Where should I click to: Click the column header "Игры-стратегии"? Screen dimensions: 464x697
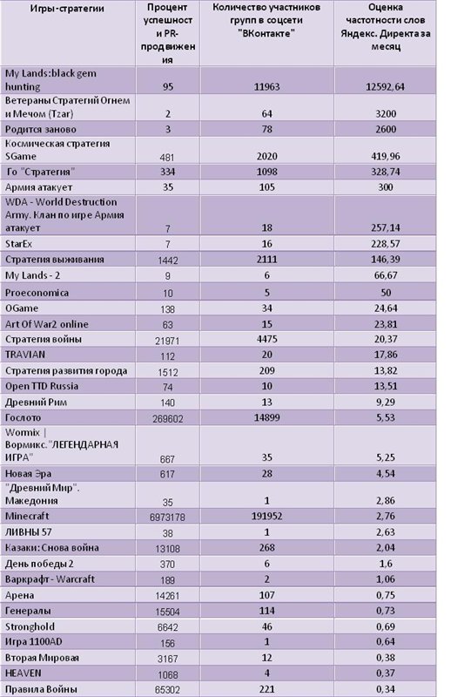(x=67, y=9)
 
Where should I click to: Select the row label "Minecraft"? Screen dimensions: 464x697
(x=27, y=516)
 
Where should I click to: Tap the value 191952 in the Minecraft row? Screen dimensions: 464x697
(x=267, y=516)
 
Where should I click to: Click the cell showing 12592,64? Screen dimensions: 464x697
(x=385, y=86)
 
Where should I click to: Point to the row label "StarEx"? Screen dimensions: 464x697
(x=18, y=244)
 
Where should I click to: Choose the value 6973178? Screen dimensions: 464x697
(x=167, y=517)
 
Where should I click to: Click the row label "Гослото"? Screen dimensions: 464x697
(x=24, y=417)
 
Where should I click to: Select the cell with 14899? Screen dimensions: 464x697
(x=267, y=417)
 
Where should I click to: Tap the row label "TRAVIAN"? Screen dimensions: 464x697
(x=25, y=355)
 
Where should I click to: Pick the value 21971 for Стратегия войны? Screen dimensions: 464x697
(x=167, y=341)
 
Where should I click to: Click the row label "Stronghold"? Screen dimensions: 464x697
(x=30, y=626)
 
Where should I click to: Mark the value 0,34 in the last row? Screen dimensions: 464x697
(x=386, y=689)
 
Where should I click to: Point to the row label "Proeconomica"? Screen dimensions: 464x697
(x=37, y=293)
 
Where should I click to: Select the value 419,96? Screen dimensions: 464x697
(x=386, y=156)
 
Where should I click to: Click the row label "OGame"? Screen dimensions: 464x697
(x=22, y=308)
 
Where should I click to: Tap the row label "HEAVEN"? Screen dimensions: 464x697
(x=24, y=673)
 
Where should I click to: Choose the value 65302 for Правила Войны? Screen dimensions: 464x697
(x=167, y=690)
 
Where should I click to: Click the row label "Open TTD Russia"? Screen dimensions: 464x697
(x=42, y=386)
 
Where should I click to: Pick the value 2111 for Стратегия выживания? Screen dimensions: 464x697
(x=267, y=259)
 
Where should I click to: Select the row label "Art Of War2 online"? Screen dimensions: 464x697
(x=47, y=324)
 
